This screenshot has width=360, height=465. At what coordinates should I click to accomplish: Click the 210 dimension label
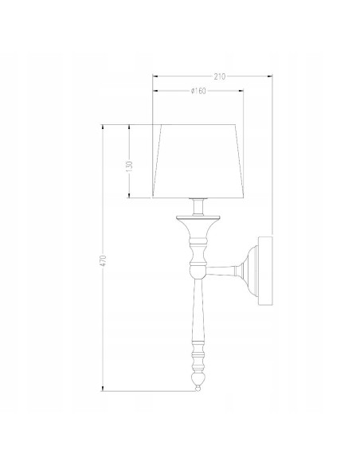click(x=220, y=76)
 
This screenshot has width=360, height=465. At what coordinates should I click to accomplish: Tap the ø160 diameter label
click(x=198, y=91)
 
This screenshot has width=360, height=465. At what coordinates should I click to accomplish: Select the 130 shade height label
click(x=129, y=167)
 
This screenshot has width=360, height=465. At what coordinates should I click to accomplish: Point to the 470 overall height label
click(x=103, y=260)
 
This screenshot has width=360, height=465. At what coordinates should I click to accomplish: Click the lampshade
click(x=198, y=161)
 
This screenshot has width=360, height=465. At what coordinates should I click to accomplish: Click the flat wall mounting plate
click(x=265, y=271)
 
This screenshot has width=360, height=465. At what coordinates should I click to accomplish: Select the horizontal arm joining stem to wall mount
click(x=221, y=271)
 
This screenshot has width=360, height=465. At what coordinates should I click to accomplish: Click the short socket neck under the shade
click(x=198, y=207)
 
